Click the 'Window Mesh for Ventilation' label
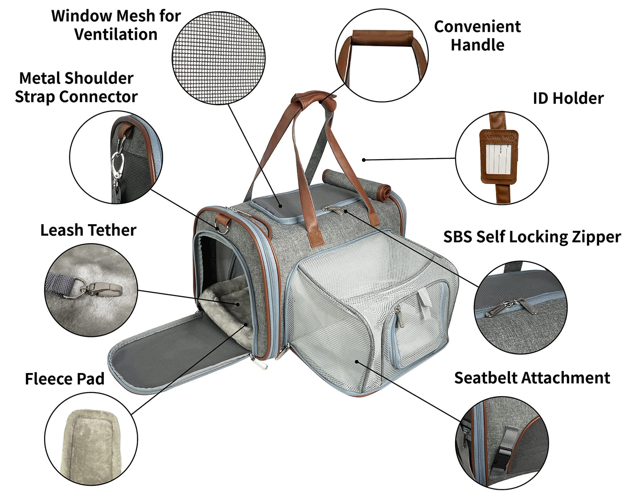116,25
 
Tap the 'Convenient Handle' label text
477,36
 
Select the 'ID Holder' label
568,98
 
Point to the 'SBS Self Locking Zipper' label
532,237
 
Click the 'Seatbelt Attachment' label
532,378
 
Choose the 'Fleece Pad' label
65,379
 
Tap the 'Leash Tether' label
88,230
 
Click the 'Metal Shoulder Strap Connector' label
76,87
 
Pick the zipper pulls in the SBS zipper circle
513,307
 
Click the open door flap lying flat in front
178,352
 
